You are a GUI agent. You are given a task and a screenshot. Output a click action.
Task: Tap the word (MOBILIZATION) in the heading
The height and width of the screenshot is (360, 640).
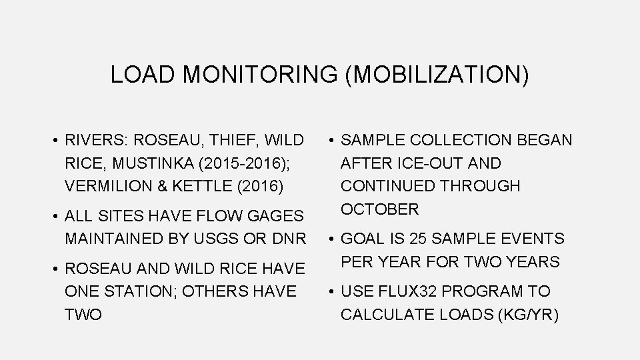437,75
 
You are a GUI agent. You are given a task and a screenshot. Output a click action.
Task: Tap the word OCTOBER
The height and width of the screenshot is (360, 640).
380,209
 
